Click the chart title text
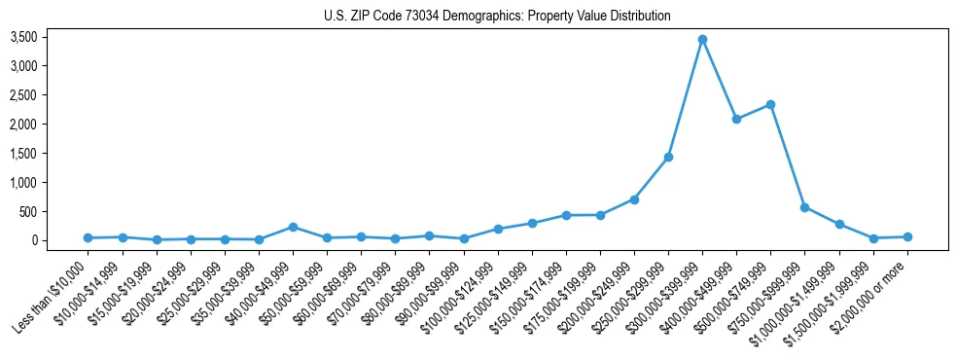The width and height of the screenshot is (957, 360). [x=497, y=17]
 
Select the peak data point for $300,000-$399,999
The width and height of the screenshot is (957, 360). [x=702, y=39]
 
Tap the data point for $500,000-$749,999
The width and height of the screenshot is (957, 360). [x=770, y=104]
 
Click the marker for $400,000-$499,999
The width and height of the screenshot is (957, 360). [x=736, y=119]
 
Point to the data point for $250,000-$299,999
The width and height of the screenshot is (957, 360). [x=668, y=157]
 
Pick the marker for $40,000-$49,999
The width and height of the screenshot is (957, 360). [x=293, y=227]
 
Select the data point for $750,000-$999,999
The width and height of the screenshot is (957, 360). [x=804, y=207]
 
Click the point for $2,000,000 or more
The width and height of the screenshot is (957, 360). [x=907, y=236]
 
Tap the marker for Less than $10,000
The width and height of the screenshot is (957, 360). [x=88, y=237]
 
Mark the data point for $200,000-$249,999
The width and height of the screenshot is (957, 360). [x=634, y=199]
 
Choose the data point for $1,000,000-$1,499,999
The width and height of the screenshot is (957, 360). [x=838, y=224]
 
